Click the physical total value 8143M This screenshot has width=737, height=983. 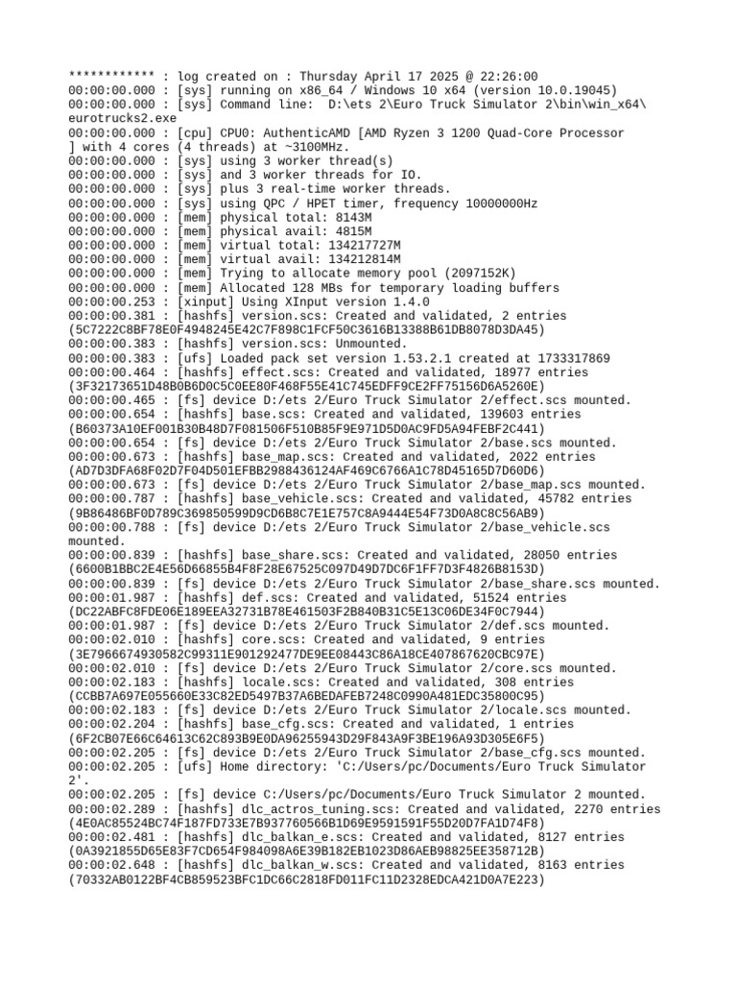coord(351,217)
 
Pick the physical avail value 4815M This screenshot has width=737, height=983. coord(351,231)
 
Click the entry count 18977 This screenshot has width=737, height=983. coord(528,372)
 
